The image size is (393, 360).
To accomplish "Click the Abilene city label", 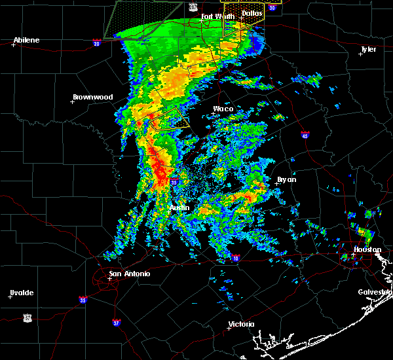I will (26, 40).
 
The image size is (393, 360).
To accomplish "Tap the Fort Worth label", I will (216, 16).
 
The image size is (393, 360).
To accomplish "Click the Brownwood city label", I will (92, 97).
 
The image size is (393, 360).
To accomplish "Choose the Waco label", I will (223, 109).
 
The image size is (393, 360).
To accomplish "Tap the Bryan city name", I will (286, 179).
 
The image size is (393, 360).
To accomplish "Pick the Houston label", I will (367, 249).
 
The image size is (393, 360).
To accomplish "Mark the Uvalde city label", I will (22, 292).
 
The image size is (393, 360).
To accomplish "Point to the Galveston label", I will (375, 292).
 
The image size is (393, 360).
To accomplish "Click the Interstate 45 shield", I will (305, 135).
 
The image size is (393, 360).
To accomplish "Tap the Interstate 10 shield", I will (235, 259).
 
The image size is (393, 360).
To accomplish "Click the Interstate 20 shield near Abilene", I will (96, 43).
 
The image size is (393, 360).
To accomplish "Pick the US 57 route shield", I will (28, 317).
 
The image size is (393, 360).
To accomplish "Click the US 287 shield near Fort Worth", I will (193, 7).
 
